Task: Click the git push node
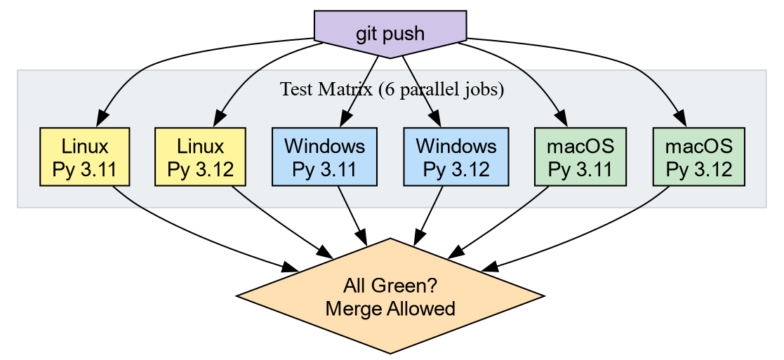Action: tap(390, 33)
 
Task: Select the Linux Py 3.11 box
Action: tap(85, 157)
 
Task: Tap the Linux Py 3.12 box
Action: tap(200, 157)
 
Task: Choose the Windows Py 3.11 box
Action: tap(324, 157)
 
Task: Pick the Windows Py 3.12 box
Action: tap(456, 157)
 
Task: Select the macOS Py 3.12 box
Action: tap(698, 157)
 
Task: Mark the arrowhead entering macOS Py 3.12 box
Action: tap(680, 120)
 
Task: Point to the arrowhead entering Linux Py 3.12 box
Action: tap(218, 120)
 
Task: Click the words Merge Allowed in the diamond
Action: tap(390, 308)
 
